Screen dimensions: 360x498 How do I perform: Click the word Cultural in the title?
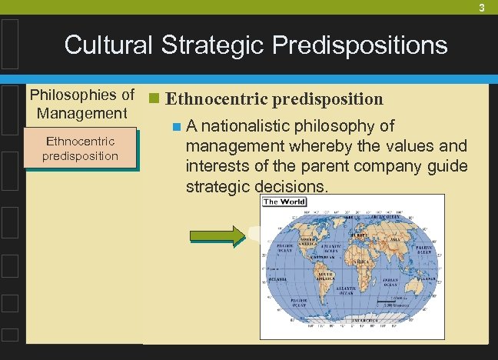coord(110,45)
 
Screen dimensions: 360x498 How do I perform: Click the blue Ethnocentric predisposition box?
coord(81,148)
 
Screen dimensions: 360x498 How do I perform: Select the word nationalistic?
coord(251,125)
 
